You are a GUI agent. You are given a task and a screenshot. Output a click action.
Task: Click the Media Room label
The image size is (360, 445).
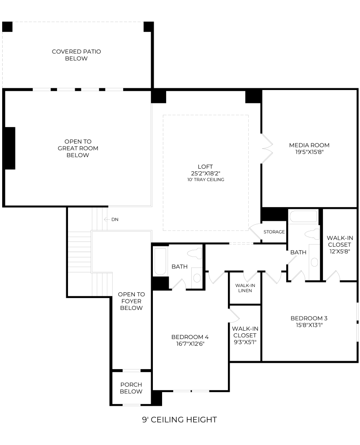[x=309, y=145]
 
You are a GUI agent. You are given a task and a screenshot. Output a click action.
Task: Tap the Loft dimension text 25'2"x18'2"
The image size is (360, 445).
[x=205, y=173]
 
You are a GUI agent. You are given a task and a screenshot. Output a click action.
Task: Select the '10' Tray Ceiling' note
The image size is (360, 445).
[x=205, y=180]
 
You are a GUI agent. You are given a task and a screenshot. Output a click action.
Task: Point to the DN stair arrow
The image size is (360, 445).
[x=107, y=219]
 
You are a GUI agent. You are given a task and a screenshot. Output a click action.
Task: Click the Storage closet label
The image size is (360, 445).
[x=274, y=232]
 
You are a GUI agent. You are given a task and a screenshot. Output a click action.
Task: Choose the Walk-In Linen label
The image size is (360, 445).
[x=245, y=288]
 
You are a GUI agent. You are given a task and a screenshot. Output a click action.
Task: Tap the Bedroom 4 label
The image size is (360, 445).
[x=190, y=337]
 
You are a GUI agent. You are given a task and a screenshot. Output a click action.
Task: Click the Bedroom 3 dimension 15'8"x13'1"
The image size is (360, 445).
[x=309, y=325]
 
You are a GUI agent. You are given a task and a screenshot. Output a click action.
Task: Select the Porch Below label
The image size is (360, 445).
[x=131, y=388]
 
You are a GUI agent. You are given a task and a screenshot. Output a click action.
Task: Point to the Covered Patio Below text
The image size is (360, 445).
[x=76, y=55]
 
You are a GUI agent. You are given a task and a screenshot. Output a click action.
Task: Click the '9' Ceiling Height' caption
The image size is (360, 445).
[x=179, y=420]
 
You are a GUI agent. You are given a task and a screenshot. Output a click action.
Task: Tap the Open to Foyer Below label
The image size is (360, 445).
[x=131, y=301]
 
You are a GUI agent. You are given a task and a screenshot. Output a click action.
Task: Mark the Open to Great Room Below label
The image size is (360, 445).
[x=78, y=148]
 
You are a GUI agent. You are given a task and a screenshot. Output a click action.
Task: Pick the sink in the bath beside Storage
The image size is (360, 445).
[x=315, y=262]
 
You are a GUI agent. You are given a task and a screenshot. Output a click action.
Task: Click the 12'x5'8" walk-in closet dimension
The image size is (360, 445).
[x=340, y=251]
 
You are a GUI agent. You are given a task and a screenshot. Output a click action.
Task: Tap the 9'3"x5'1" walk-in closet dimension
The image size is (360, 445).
[x=245, y=342]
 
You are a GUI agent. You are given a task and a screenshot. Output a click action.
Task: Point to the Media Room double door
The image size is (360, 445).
[x=267, y=148]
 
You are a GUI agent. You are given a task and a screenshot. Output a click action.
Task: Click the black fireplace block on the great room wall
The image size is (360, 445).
[x=10, y=148]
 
